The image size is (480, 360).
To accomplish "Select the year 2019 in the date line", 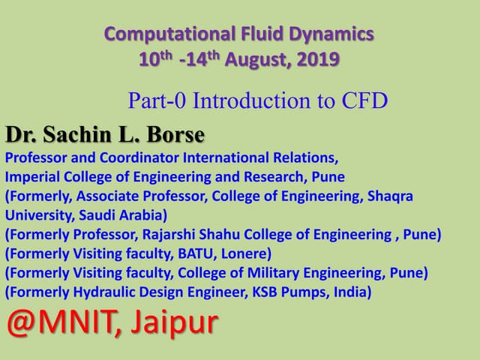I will [319, 58].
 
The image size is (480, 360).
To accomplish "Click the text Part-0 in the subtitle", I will [154, 100].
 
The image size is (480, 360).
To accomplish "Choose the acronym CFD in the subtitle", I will [365, 100].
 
